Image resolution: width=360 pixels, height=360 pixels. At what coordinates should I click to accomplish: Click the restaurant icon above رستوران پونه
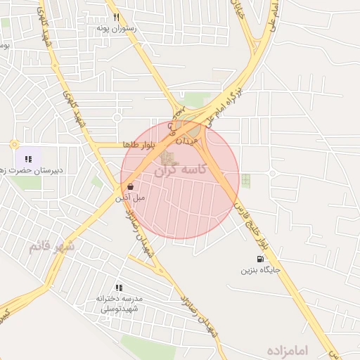(116, 18)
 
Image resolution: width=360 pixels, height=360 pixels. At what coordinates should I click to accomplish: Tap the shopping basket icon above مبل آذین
(131, 187)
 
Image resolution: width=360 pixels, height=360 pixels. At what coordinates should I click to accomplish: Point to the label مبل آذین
(131, 198)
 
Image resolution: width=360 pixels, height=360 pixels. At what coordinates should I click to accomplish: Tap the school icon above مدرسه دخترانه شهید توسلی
(119, 288)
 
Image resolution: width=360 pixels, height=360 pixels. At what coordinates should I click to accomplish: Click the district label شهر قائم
(51, 247)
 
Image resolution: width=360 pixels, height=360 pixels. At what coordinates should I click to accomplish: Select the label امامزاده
(288, 349)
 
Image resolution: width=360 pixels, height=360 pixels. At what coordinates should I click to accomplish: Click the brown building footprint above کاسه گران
(169, 157)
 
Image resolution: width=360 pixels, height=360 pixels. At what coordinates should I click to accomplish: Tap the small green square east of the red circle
(245, 180)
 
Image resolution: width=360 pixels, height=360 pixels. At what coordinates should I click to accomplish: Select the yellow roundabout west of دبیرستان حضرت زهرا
(13, 144)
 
